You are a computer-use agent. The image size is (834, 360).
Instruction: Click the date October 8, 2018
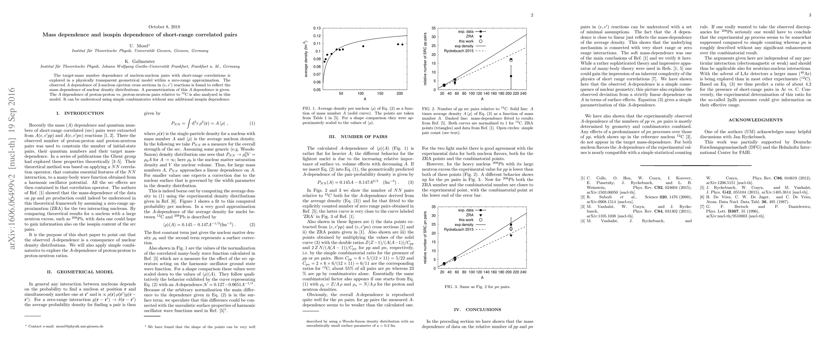164,27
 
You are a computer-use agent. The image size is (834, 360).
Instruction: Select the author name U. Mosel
140,46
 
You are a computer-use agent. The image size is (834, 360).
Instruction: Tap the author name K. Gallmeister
140,61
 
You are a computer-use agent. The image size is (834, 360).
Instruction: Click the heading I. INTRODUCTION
80,113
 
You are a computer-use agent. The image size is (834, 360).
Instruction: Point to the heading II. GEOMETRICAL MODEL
80,272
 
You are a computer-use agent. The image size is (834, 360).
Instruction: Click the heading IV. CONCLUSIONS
477,310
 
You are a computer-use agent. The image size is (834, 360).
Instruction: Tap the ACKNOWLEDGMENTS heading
755,120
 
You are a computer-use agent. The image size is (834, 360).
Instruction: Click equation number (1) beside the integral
252,123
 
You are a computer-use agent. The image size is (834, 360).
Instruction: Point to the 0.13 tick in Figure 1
317,28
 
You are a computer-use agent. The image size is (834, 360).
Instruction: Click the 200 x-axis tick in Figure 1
400,94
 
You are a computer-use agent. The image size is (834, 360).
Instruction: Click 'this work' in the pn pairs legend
466,220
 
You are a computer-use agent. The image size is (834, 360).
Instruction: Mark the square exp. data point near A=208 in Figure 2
511,76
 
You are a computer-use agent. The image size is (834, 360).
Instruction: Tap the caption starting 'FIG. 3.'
477,286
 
